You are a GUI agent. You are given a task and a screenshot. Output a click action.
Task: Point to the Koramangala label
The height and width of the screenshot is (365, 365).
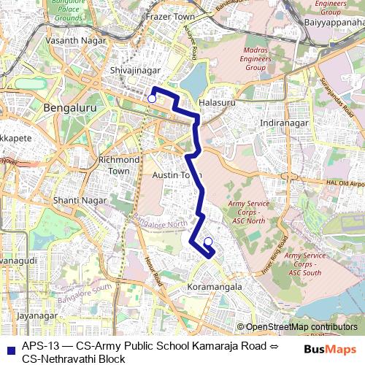215,288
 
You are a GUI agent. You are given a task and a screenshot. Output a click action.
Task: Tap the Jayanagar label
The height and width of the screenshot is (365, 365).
36,316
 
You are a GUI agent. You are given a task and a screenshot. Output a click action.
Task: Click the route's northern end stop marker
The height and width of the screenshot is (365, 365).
152,99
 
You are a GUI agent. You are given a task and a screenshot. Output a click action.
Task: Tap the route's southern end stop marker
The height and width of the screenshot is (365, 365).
208,242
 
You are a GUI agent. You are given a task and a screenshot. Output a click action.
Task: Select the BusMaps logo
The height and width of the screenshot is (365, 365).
331,350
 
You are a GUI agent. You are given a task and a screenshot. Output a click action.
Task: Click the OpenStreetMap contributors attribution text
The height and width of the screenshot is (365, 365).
301,327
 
